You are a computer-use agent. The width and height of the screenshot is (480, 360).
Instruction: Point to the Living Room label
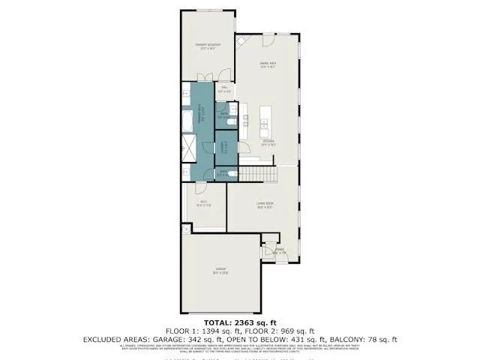pyautogui.click(x=264, y=204)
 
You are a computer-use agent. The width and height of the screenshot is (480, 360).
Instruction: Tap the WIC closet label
pyautogui.click(x=203, y=203)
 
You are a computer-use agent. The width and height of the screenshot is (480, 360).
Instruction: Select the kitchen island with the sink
pyautogui.click(x=264, y=120)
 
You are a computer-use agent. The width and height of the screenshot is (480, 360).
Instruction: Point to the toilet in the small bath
pyautogui.click(x=233, y=174)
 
